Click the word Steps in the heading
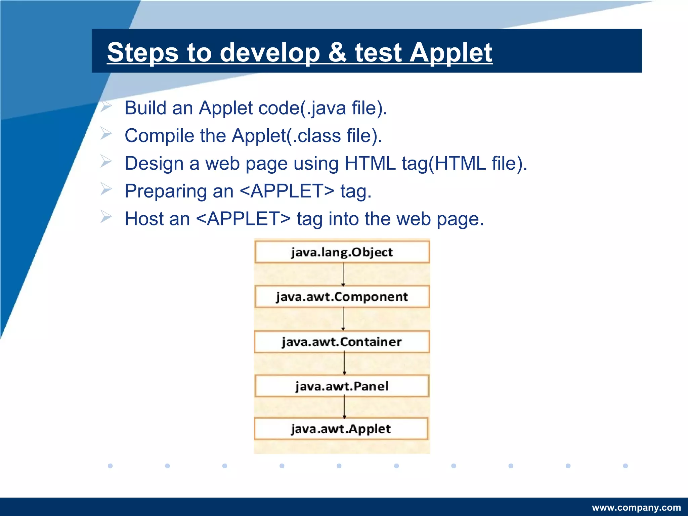coord(143,53)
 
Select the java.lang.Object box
coord(342,252)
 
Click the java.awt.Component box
coord(342,297)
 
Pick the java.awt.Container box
coord(342,342)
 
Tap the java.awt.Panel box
coord(342,386)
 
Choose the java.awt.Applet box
coord(341,429)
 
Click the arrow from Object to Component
coord(343,274)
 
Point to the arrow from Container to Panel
coord(344,363)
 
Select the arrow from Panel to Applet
coord(344,407)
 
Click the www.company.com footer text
coord(636,507)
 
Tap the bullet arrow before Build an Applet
coord(106,107)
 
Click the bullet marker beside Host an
coord(106,217)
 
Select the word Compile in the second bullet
coord(159,136)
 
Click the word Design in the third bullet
coord(154,164)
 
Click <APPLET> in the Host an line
coord(243,219)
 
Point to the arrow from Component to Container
coord(343,319)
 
